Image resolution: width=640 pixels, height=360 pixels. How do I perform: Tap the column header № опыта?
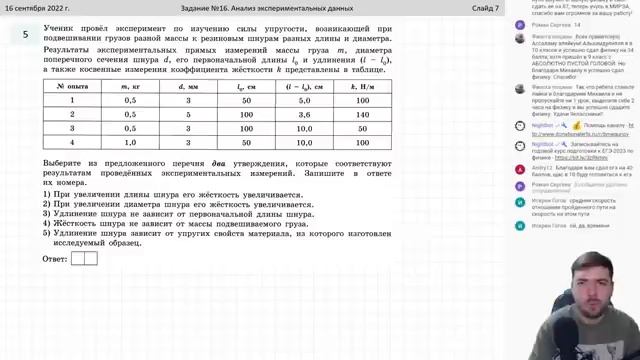point(72,87)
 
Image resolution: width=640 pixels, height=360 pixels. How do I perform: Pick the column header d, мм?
point(187,87)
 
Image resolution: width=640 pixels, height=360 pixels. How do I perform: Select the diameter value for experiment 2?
point(187,115)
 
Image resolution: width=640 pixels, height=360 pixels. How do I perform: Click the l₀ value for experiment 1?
point(245,101)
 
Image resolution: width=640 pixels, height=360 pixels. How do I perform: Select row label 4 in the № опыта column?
point(72,142)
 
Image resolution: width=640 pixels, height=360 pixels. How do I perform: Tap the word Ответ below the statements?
point(55,258)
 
